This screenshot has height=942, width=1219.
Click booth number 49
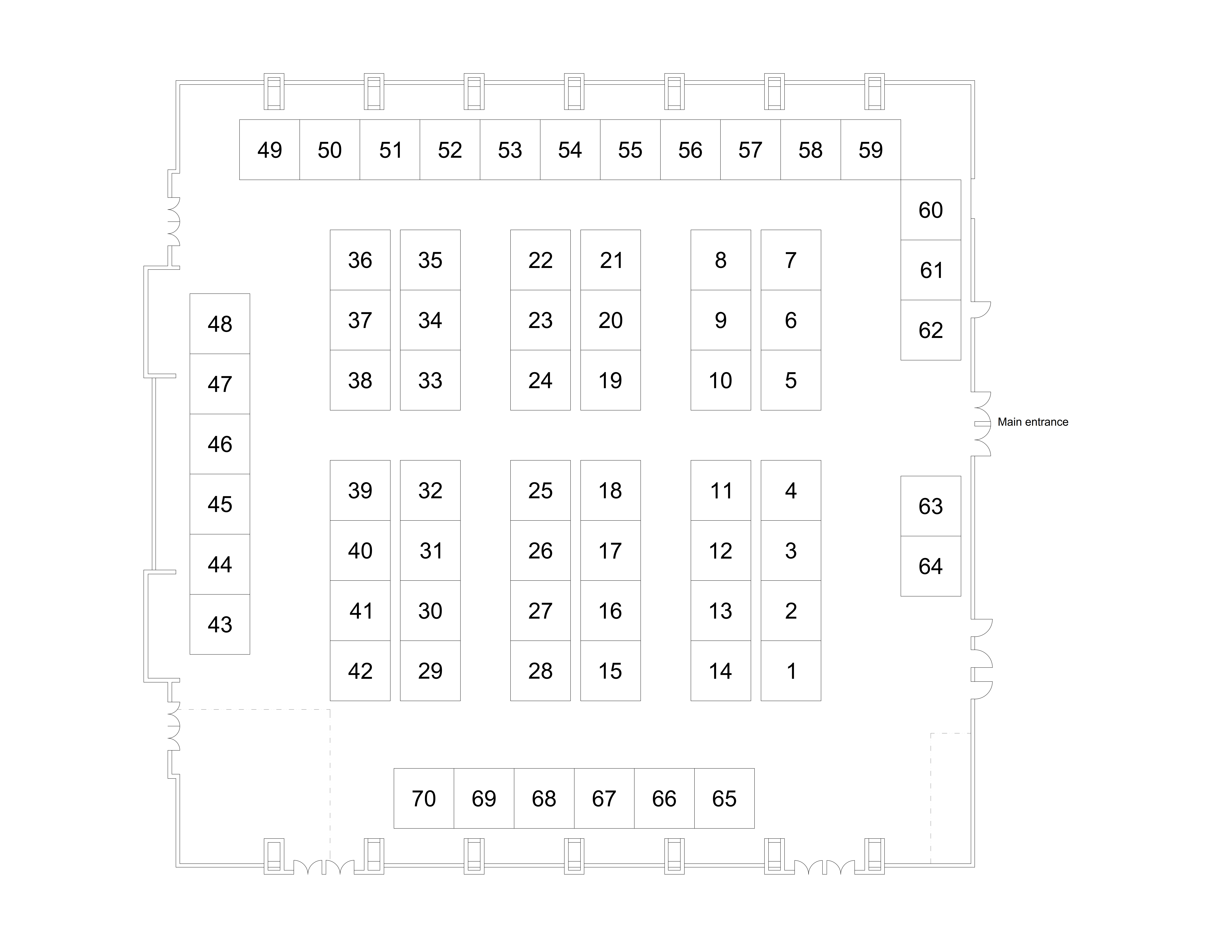[x=270, y=149]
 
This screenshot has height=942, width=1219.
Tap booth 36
[x=360, y=260]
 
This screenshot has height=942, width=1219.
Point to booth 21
[x=611, y=260]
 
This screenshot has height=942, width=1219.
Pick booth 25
[x=540, y=490]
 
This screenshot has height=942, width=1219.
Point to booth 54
[x=570, y=149]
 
